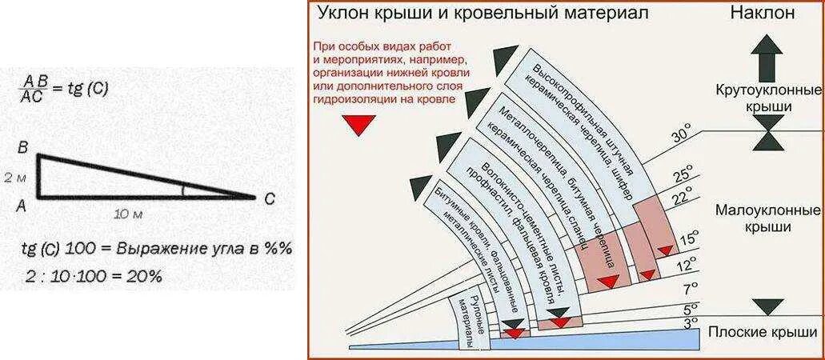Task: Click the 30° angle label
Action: tap(680, 135)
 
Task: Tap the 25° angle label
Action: tap(682, 174)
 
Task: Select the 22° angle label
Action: tap(682, 197)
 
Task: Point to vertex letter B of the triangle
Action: tap(22, 148)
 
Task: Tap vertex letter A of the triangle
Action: tap(22, 205)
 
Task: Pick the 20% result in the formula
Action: tap(145, 276)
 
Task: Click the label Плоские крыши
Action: tap(767, 332)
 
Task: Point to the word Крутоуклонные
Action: tap(767, 89)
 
